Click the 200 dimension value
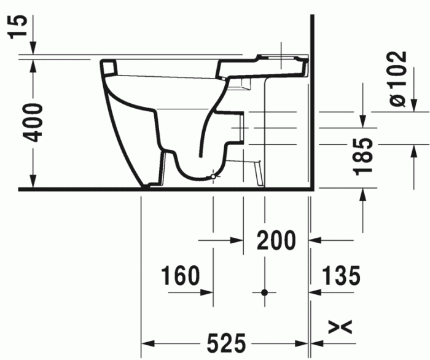coord(276,240)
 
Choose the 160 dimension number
coord(181,276)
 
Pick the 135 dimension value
coord(339,276)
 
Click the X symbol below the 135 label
coord(345,327)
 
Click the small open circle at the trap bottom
coord(213,178)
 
